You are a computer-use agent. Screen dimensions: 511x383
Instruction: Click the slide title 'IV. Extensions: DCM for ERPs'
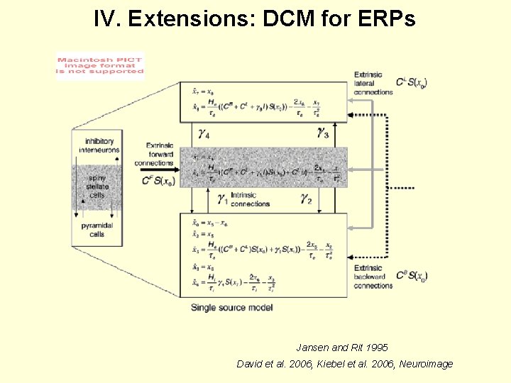pos(255,18)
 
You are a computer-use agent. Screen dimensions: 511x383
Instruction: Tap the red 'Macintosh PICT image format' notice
pos(100,66)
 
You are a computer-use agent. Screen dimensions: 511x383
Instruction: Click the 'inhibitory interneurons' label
pos(99,145)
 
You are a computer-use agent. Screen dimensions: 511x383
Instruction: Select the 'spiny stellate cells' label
pos(97,187)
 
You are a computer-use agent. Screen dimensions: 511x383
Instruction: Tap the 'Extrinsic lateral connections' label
pos(373,83)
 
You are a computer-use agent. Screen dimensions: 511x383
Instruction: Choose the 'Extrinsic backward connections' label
pos(373,277)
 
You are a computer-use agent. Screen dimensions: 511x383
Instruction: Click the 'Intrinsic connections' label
pos(251,199)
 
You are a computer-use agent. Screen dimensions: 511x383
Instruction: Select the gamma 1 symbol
pos(221,199)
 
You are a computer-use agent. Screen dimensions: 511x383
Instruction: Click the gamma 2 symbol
pos(306,199)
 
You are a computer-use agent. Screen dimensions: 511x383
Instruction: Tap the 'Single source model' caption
pos(232,307)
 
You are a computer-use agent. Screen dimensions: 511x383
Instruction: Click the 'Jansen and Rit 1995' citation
pos(342,348)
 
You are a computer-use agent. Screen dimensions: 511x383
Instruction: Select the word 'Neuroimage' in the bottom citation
pos(427,364)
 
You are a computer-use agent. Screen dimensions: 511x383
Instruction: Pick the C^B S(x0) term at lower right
pos(412,275)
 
